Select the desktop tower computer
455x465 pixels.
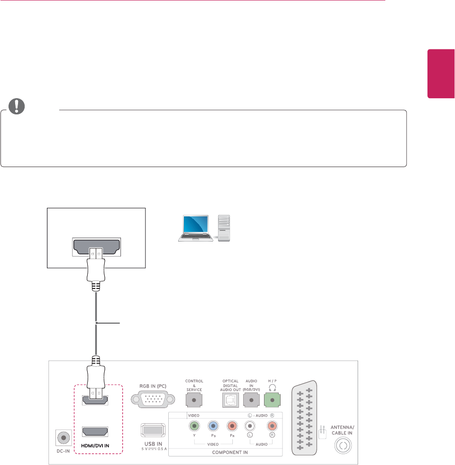[x=225, y=229]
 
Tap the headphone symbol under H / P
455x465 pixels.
[x=272, y=386]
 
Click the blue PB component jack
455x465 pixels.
[x=212, y=426]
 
